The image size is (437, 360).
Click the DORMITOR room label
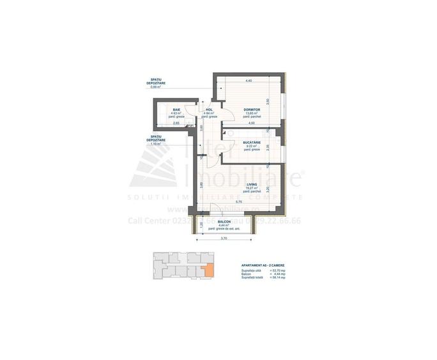pos(251,110)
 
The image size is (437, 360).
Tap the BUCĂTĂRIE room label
pos(252,143)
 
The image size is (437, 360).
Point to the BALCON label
pos(223,221)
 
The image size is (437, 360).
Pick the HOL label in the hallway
pos(209,110)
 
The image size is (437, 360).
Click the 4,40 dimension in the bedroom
pos(249,81)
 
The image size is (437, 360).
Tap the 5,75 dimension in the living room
pos(247,203)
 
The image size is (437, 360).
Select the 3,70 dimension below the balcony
pos(224,239)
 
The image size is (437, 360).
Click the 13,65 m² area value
pos(251,114)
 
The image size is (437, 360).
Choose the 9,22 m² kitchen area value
pos(252,146)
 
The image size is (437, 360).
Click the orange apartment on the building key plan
pos(204,270)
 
